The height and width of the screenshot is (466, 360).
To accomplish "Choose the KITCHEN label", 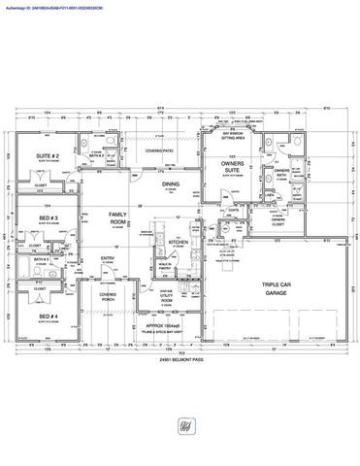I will tap(180, 242).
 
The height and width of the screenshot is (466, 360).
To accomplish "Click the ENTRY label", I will tap(109, 258).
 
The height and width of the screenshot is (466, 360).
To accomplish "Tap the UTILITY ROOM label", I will tap(166, 301).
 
